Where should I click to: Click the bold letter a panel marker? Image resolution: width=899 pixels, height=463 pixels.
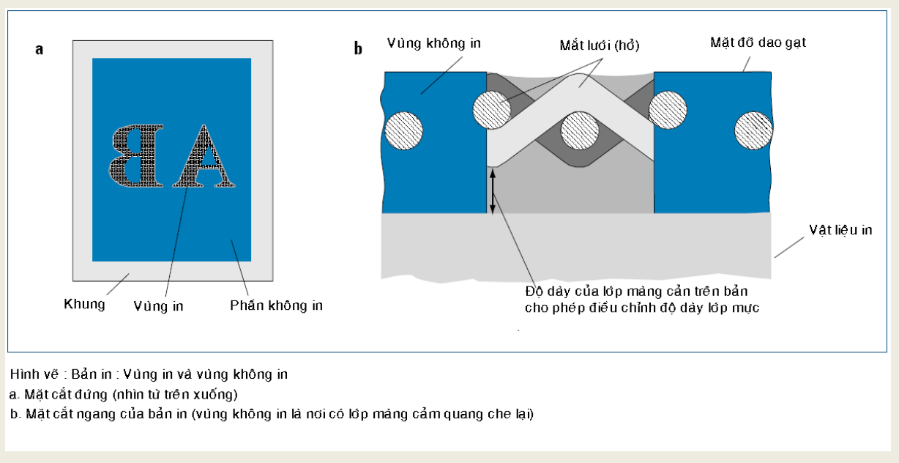pos(39,49)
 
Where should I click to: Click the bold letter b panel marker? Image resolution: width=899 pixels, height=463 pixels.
pos(358,48)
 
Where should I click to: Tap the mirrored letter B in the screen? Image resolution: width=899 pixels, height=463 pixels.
pos(136,156)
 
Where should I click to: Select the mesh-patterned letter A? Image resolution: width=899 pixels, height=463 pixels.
pos(204,156)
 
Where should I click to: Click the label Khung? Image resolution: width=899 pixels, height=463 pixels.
pos(84,304)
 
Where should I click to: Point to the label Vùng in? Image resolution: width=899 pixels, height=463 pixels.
pos(158,306)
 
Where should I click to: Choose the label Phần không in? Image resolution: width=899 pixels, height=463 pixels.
pos(276,305)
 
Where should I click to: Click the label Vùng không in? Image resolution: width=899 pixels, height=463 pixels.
pos(434,43)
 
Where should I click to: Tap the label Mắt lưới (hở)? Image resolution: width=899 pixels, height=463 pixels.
pos(600,45)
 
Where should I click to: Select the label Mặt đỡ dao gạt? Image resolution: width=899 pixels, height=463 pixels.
pos(758,42)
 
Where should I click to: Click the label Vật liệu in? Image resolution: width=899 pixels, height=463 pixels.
pos(840,230)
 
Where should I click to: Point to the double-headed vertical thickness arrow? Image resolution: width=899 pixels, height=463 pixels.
pos(493,191)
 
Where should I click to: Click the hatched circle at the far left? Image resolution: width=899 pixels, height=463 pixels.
pos(404,131)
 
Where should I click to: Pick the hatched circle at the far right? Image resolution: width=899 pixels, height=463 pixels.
pos(754,130)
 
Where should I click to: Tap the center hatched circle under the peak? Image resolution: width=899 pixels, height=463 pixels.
pos(580,131)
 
